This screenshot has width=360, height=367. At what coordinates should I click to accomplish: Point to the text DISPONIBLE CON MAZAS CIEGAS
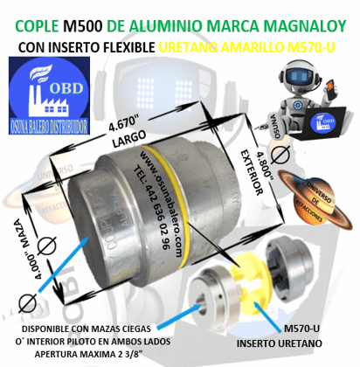[90, 331]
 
